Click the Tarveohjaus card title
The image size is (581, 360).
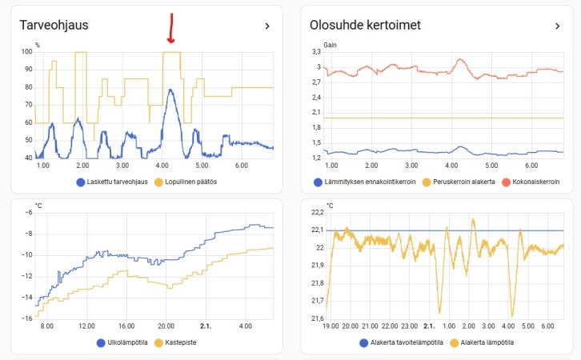coord(54,25)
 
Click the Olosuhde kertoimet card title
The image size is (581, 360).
coord(365,25)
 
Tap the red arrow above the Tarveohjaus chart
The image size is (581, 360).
coord(170,28)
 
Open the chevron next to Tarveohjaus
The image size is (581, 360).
coord(266,26)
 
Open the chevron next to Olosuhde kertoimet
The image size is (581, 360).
coord(557,26)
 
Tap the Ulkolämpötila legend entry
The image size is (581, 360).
coord(122,342)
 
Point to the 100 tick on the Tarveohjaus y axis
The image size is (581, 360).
coord(27,52)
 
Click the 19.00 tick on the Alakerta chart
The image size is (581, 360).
coord(330,326)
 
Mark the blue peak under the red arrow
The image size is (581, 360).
coord(170,90)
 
